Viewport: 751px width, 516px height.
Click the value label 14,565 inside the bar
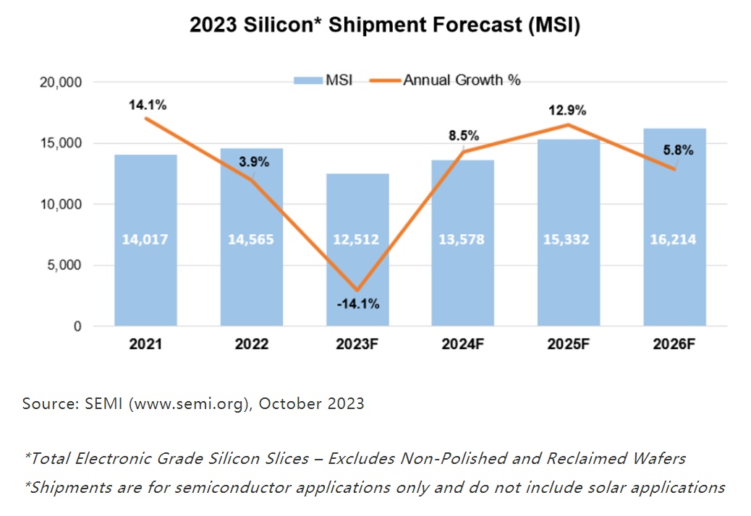tap(251, 239)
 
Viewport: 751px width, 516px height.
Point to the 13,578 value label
tap(463, 239)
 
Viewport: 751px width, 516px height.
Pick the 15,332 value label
tap(569, 239)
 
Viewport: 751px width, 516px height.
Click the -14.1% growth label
tap(358, 304)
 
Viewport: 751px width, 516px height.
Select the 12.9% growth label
tap(568, 111)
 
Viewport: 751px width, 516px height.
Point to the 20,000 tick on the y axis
tap(59, 82)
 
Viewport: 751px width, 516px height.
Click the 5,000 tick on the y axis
tap(63, 265)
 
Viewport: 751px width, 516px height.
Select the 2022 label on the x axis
tap(251, 345)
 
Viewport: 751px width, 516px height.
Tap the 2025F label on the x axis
tap(569, 345)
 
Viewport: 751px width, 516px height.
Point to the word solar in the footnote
tap(601, 487)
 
